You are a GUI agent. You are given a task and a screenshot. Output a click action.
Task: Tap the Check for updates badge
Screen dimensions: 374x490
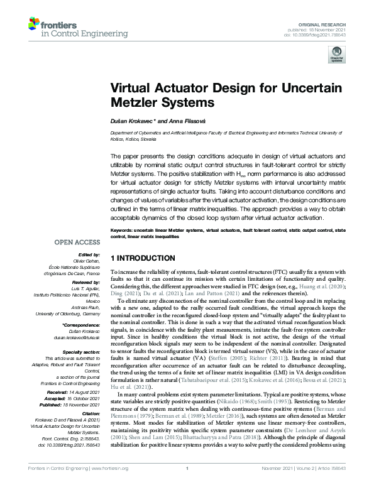[x=337, y=56]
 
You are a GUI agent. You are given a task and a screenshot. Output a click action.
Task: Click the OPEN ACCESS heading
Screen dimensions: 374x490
[x=77, y=241]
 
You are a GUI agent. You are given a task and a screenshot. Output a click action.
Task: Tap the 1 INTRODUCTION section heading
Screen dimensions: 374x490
[x=143, y=258]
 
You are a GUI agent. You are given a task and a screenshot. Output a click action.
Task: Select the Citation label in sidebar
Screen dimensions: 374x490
[x=93, y=415]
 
